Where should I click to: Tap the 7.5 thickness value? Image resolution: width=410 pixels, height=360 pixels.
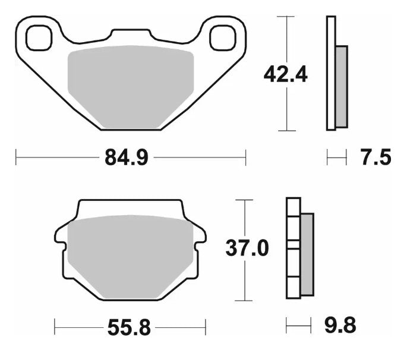pyautogui.click(x=375, y=158)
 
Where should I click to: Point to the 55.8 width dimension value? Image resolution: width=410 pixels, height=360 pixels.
pyautogui.click(x=129, y=326)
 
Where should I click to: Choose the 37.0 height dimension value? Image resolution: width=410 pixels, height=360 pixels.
pyautogui.click(x=246, y=248)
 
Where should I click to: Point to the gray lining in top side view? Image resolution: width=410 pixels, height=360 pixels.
pyautogui.click(x=341, y=86)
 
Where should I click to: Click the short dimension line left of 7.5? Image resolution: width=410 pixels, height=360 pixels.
pyautogui.click(x=336, y=158)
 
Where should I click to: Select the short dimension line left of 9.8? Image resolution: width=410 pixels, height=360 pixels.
pyautogui.click(x=298, y=326)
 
